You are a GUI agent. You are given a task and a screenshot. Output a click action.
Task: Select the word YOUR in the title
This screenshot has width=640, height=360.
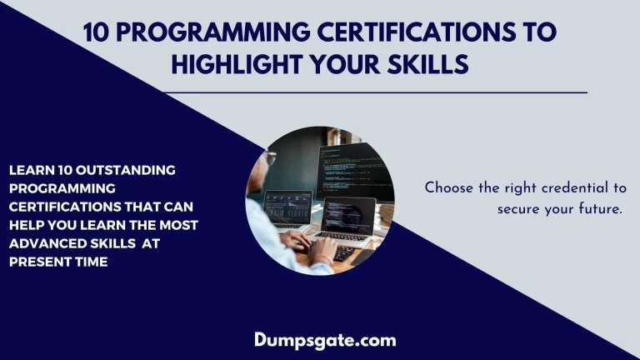[342, 63]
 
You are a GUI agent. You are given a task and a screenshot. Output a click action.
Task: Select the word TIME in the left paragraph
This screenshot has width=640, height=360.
[88, 262]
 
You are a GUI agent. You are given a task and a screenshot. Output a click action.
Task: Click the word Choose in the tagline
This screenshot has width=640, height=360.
[450, 188]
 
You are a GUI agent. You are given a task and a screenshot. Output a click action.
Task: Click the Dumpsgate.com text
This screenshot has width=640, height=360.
[325, 340]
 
